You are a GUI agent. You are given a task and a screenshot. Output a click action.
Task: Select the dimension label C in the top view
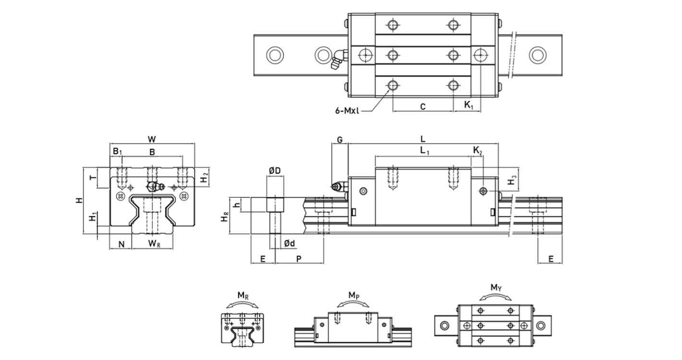click(422, 107)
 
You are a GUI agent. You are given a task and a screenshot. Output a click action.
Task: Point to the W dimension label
click(152, 139)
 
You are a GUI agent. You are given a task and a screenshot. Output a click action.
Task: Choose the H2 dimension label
click(205, 177)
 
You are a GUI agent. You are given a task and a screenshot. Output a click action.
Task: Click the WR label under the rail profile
click(154, 244)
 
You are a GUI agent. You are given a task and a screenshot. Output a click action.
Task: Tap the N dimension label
click(122, 244)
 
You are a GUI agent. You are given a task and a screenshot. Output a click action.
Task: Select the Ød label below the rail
click(289, 244)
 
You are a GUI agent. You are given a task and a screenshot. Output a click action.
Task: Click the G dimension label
click(340, 140)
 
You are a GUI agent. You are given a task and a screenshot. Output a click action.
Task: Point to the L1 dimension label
click(425, 151)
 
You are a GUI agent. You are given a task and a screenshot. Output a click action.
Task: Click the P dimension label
click(299, 259)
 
